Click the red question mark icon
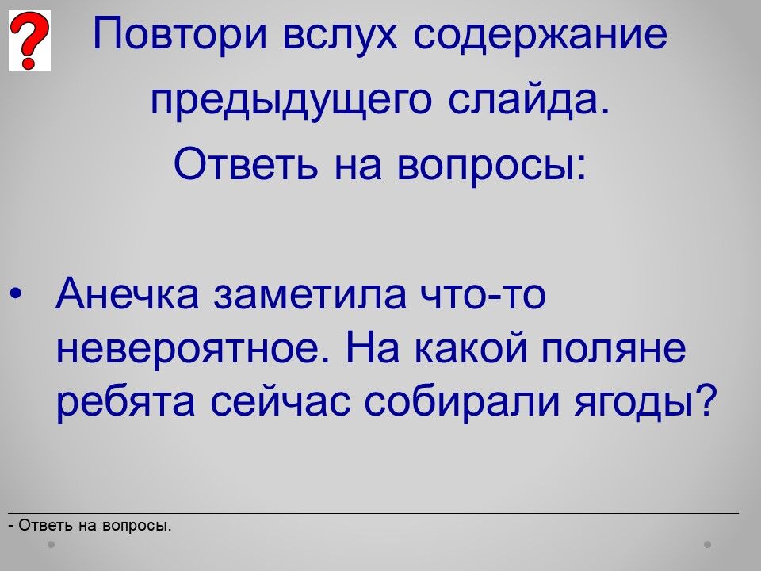29,40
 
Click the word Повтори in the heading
180,33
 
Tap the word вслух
340,34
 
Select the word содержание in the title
540,35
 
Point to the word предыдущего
291,101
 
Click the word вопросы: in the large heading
491,164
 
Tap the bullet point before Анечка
16,294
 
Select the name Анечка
127,293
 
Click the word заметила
310,294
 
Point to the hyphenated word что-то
484,294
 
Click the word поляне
614,349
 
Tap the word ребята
125,403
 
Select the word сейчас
280,403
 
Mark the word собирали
462,403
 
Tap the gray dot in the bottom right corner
708,544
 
